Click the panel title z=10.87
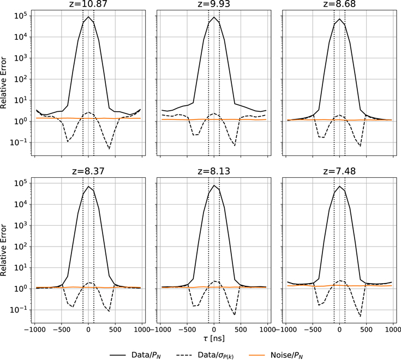pyautogui.click(x=88, y=4)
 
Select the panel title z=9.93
pyautogui.click(x=214, y=4)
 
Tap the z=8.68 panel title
pyautogui.click(x=339, y=4)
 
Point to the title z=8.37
pyautogui.click(x=88, y=171)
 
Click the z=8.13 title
pyautogui.click(x=214, y=171)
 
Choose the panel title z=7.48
pyautogui.click(x=339, y=171)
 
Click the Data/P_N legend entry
pyautogui.click(x=136, y=355)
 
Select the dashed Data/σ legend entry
pyautogui.click(x=205, y=355)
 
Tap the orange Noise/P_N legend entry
pyautogui.click(x=277, y=355)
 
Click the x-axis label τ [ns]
pyautogui.click(x=214, y=339)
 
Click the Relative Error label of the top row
pyautogui.click(x=3, y=83)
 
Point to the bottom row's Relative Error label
pyautogui.click(x=3, y=250)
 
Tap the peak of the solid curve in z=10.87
pyautogui.click(x=88, y=17)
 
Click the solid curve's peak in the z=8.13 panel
pyautogui.click(x=214, y=185)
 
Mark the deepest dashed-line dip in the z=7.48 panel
pyautogui.click(x=361, y=316)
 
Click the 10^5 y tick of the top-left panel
pyautogui.click(x=21, y=16)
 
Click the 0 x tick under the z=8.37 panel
pyautogui.click(x=88, y=329)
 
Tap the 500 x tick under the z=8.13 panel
pyautogui.click(x=241, y=329)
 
